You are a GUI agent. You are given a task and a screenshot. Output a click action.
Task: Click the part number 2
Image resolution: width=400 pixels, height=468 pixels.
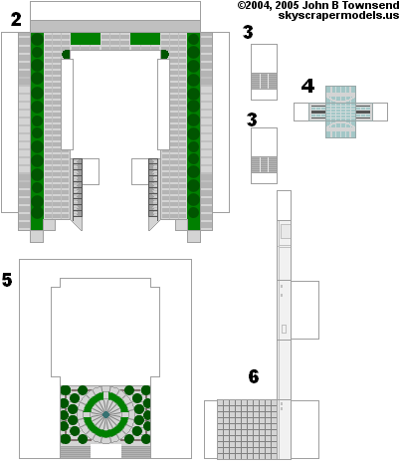[x=16, y=19]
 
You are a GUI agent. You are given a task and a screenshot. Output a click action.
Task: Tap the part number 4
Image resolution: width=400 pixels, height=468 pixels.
[x=307, y=86]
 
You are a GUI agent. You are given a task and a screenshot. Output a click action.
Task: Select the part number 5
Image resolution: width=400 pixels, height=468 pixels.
[x=7, y=280]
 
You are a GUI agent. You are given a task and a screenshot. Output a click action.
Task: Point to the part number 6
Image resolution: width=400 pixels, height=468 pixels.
[x=254, y=376]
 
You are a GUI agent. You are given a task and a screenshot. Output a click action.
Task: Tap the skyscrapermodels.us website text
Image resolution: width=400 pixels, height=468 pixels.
[x=338, y=15]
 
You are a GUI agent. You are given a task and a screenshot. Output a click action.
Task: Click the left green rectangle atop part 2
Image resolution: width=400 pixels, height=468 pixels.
[x=86, y=39]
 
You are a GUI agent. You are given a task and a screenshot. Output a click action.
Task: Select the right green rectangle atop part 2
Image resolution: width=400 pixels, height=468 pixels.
[x=145, y=39]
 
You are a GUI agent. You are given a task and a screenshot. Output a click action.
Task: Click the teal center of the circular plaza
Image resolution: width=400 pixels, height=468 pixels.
[x=105, y=414]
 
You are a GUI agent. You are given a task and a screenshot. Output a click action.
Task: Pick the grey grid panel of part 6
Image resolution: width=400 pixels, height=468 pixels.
[x=247, y=429]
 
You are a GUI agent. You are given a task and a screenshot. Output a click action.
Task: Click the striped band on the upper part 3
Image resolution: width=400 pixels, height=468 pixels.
[x=264, y=81]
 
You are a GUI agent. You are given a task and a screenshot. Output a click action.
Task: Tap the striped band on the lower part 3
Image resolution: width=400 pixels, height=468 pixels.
[x=264, y=165]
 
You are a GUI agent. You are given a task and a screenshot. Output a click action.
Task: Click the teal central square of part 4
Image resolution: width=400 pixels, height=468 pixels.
[x=340, y=112]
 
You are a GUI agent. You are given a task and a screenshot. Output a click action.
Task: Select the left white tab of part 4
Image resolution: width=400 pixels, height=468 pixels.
[x=301, y=112]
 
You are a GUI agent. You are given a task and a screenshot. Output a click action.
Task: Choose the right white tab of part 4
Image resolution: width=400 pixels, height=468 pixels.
[x=380, y=112]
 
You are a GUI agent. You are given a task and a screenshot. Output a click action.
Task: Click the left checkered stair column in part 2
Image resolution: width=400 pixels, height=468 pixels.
[x=78, y=188]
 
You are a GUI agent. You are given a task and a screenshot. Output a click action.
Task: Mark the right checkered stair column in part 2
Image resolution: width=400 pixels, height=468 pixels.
[x=153, y=188]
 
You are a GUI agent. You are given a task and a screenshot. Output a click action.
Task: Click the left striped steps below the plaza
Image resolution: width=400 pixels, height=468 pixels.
[x=76, y=452]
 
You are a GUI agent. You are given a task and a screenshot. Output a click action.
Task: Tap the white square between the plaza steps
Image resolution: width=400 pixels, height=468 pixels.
[x=105, y=452]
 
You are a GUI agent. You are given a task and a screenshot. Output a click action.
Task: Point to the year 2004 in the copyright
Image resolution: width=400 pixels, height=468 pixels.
[x=253, y=5]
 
